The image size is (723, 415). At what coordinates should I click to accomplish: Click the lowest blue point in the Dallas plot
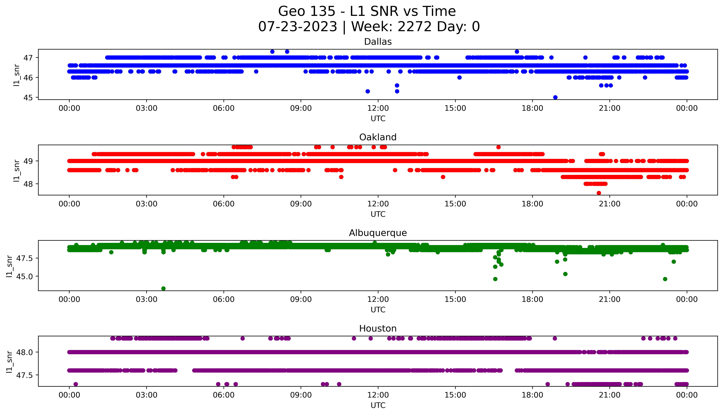coord(555,97)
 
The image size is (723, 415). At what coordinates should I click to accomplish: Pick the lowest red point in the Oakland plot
coord(599,193)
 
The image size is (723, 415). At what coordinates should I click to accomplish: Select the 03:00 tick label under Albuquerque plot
coord(147,300)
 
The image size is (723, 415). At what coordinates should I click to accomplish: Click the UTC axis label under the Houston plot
coord(378,405)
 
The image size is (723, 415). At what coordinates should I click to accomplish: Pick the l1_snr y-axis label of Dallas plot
coord(17,75)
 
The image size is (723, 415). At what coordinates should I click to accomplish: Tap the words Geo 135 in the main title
coord(307,11)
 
